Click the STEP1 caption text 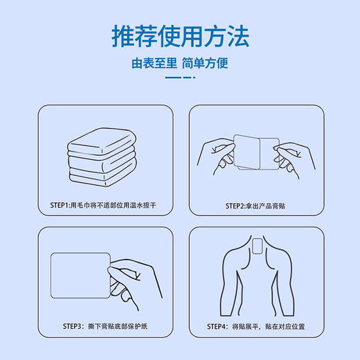104,206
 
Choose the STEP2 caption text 254,206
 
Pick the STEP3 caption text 104,325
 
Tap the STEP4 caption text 254,325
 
